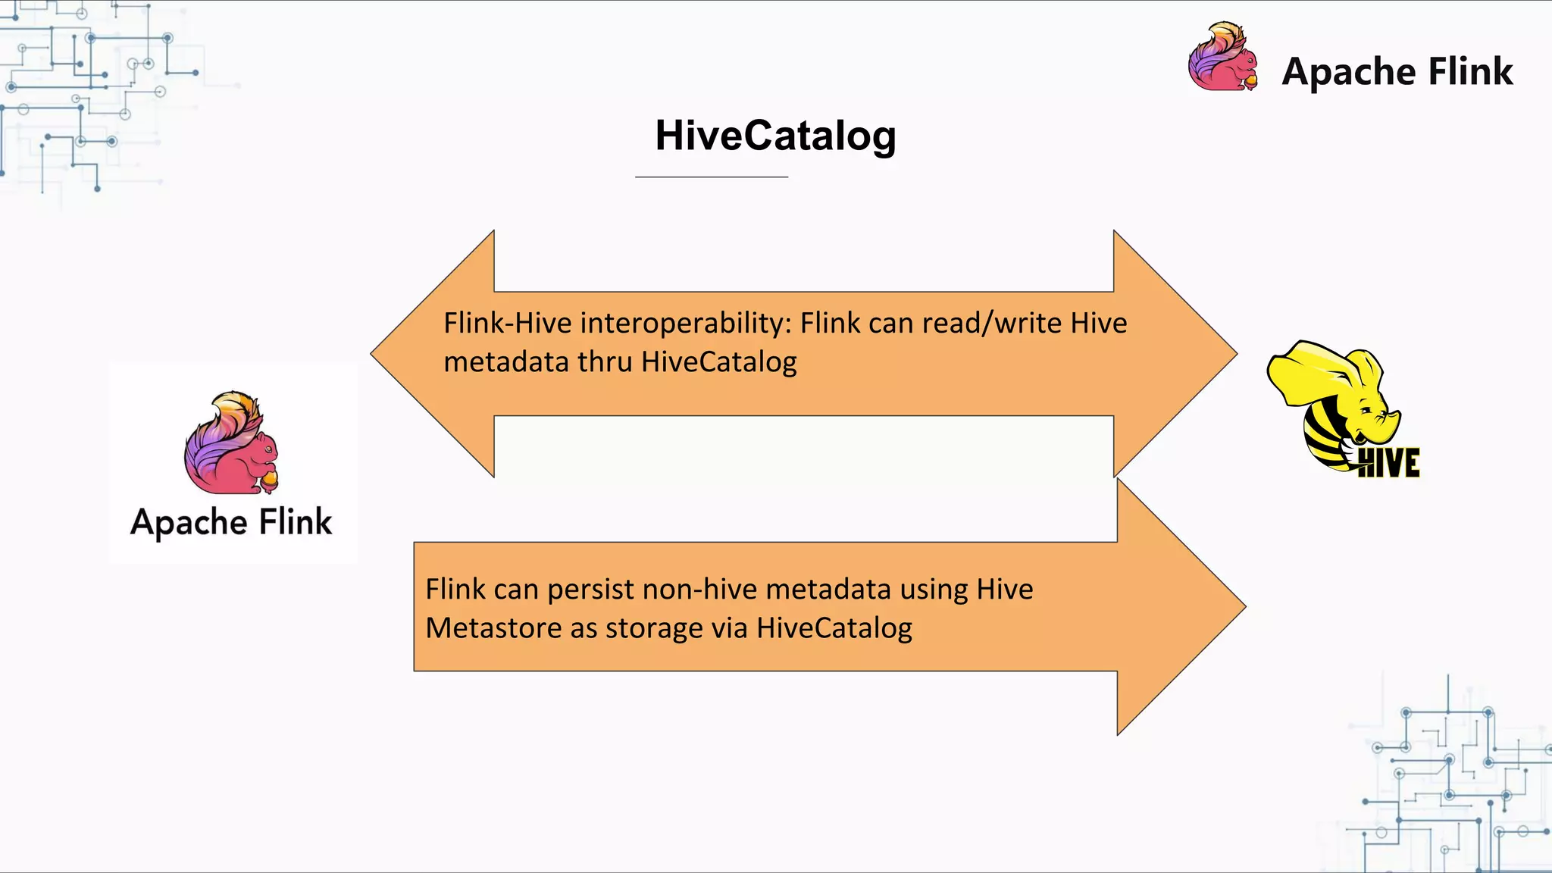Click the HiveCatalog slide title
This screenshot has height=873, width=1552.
(775, 136)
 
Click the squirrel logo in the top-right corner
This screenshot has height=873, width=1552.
(1222, 58)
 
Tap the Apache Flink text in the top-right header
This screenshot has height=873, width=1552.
(1397, 72)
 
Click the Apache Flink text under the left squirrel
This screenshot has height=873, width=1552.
(231, 523)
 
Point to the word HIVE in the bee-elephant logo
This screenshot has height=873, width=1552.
(1388, 463)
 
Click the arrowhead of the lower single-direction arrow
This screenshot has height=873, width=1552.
(1178, 606)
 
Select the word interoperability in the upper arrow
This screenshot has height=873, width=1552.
(686, 324)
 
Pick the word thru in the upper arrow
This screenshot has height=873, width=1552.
(605, 362)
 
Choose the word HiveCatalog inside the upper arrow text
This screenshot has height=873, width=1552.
(719, 362)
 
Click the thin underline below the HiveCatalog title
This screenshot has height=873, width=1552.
(712, 177)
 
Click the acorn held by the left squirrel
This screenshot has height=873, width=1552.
(270, 480)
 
